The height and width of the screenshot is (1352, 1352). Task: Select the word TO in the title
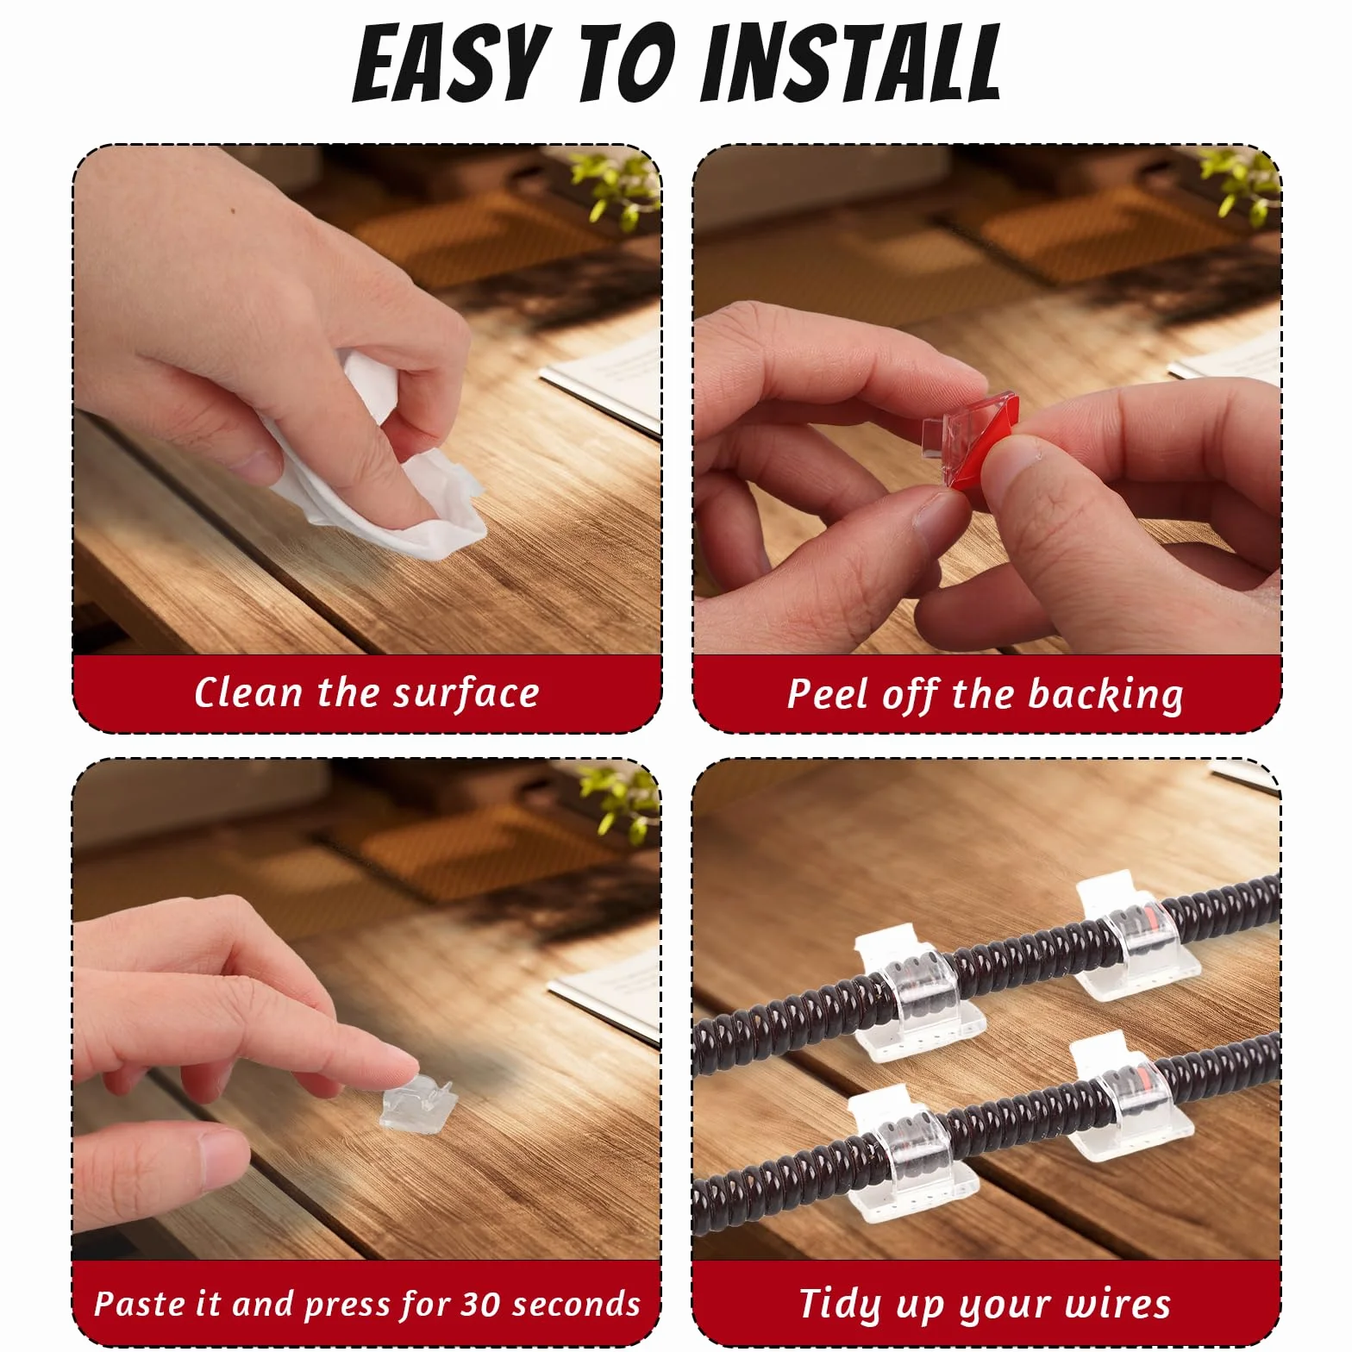624,64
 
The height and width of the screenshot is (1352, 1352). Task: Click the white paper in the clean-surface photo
604,384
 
